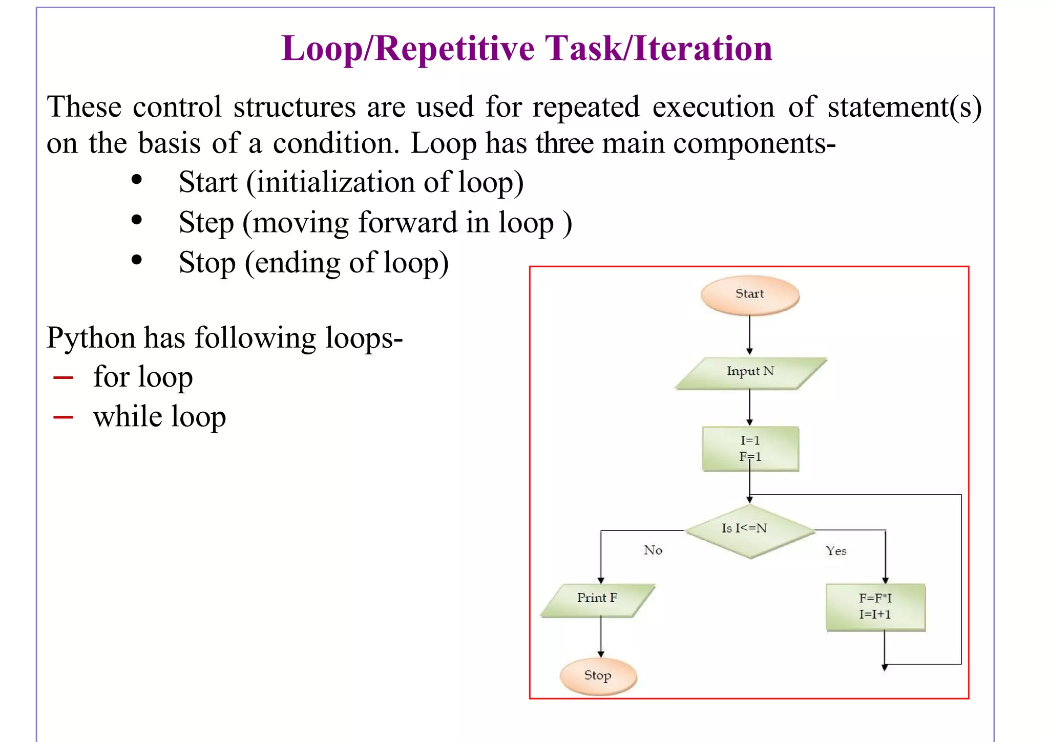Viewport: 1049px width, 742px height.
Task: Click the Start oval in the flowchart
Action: click(749, 294)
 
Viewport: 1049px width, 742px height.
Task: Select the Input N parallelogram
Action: click(750, 372)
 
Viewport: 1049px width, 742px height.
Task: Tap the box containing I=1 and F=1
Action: click(750, 449)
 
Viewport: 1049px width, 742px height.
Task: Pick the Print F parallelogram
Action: click(597, 599)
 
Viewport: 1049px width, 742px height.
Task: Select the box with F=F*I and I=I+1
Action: click(875, 607)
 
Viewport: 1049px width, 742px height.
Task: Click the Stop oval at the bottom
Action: click(598, 676)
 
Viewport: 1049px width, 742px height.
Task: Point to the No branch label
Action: click(653, 550)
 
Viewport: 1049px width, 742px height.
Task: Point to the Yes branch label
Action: click(836, 552)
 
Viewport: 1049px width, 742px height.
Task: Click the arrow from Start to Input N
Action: click(749, 334)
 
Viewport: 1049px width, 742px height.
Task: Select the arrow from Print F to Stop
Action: click(601, 637)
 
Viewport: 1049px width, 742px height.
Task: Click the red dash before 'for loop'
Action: click(63, 378)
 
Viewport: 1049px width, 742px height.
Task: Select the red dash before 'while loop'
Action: click(63, 417)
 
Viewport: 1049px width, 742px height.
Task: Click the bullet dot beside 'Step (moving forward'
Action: click(136, 220)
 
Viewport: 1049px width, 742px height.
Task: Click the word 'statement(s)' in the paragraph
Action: click(904, 108)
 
